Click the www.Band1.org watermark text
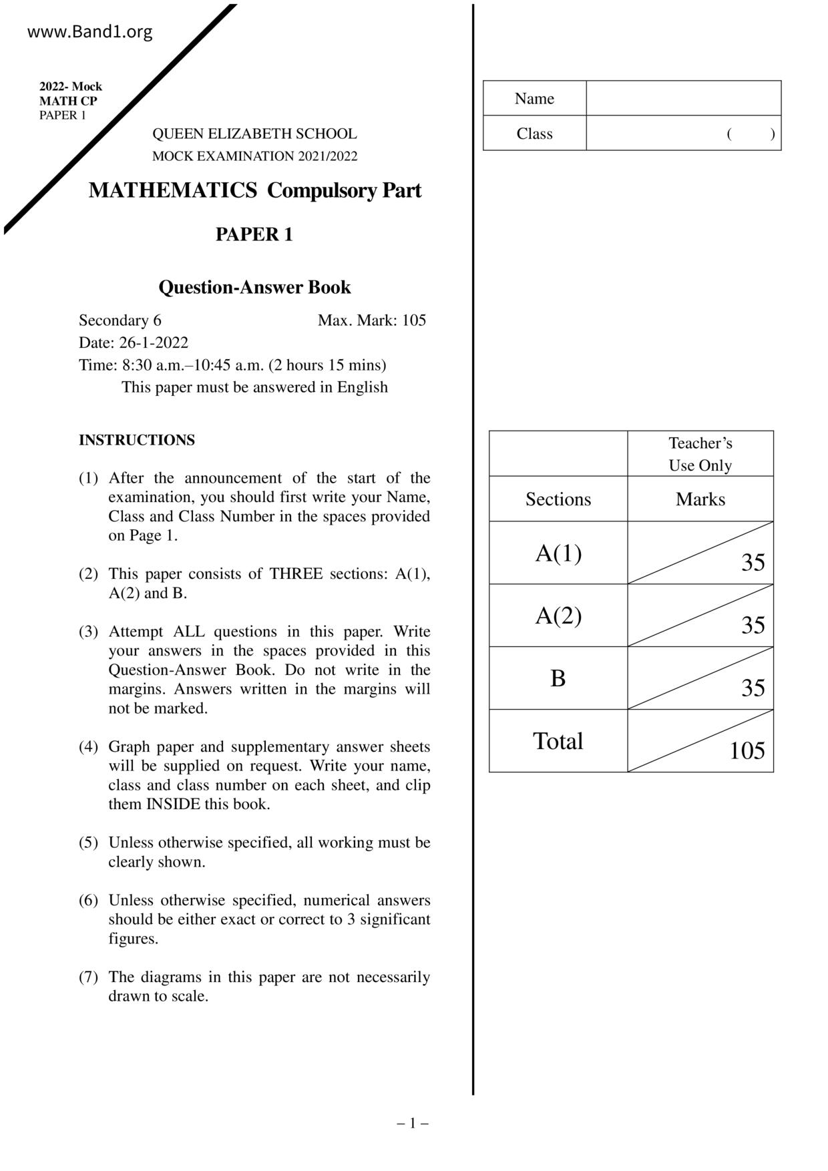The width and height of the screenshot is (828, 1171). (x=89, y=32)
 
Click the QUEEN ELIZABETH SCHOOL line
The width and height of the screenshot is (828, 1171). (x=254, y=134)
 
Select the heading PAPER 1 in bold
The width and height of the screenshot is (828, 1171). (x=254, y=234)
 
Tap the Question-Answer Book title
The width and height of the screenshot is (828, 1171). (x=254, y=287)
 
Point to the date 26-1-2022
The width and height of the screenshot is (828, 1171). (x=154, y=342)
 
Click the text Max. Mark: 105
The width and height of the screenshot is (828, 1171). (x=371, y=320)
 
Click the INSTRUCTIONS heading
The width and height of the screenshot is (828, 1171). (x=137, y=440)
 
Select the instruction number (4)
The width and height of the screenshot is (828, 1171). (x=88, y=746)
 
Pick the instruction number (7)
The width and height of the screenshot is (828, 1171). (x=88, y=977)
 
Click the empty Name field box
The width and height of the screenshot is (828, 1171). (x=683, y=99)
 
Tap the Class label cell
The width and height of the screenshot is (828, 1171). (x=534, y=134)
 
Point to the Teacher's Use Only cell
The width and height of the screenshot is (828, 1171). (x=700, y=454)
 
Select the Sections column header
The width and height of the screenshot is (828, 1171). (x=558, y=499)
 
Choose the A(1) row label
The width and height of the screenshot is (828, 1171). (x=558, y=553)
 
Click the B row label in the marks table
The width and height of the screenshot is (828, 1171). (x=558, y=678)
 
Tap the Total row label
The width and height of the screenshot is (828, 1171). (x=558, y=741)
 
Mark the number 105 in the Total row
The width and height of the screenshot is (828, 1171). (x=747, y=751)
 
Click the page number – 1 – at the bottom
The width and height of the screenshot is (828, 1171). (x=413, y=1123)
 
